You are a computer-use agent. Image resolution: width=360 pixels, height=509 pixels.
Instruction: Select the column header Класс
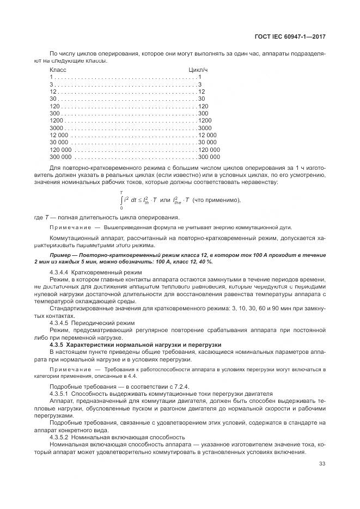[x=58, y=70]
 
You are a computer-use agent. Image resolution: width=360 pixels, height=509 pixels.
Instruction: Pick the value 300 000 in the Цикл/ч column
[x=209, y=156]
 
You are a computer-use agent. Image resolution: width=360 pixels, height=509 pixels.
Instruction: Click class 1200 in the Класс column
[x=57, y=120]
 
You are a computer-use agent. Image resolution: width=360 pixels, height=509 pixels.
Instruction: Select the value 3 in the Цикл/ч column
[x=200, y=84]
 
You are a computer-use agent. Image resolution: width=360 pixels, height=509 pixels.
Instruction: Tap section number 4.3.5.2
[x=60, y=437]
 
